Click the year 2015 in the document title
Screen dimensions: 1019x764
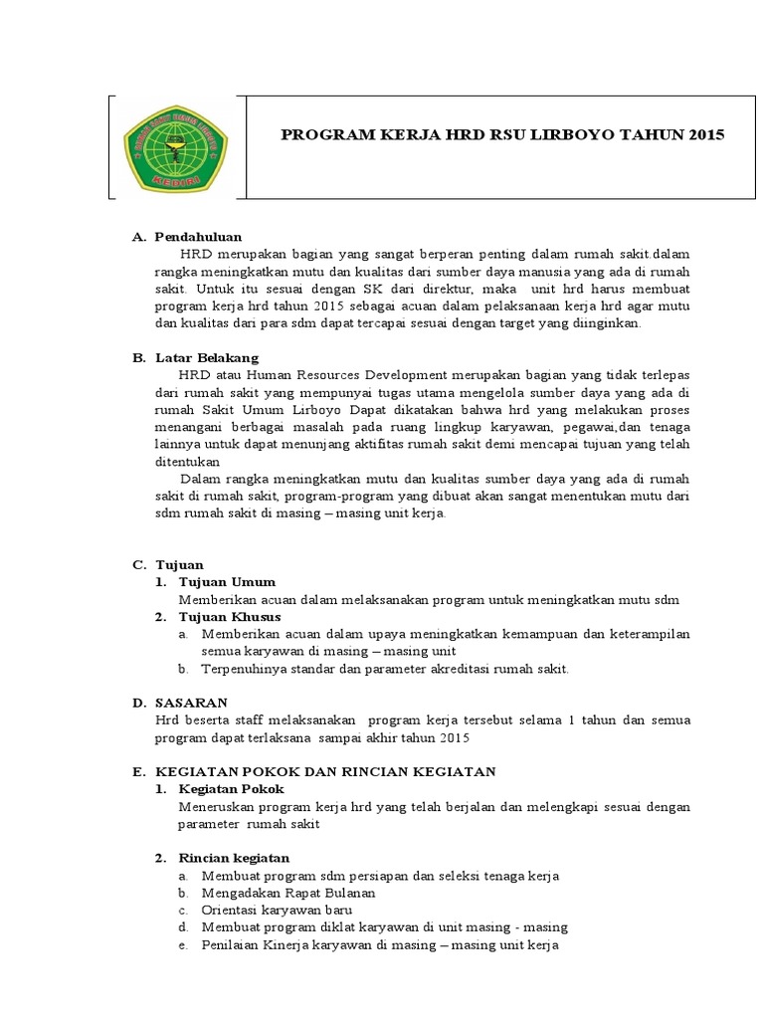click(706, 133)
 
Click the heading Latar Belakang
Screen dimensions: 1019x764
click(206, 356)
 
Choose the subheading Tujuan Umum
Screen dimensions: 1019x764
click(227, 581)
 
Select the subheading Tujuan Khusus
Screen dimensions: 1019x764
click(231, 617)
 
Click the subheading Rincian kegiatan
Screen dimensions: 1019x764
click(234, 858)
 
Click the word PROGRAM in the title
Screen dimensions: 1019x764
click(315, 133)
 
